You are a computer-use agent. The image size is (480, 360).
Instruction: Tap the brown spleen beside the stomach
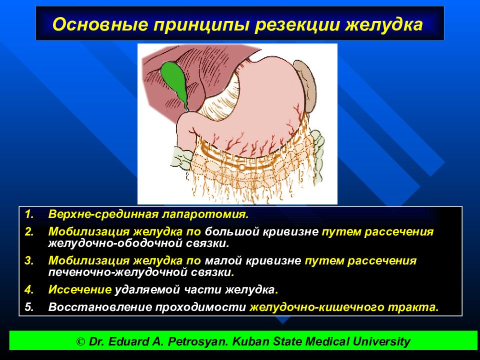(305, 85)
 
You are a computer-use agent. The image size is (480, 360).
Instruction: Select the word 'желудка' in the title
(384, 24)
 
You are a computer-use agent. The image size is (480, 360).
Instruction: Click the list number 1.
(29, 214)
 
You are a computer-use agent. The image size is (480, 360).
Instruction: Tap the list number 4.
(29, 289)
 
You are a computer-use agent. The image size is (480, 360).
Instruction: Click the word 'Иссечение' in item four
(79, 289)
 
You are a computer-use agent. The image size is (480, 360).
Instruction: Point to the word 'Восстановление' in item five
(100, 306)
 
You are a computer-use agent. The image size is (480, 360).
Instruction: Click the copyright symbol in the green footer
(80, 341)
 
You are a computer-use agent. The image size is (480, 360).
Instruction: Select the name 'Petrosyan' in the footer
(198, 341)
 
